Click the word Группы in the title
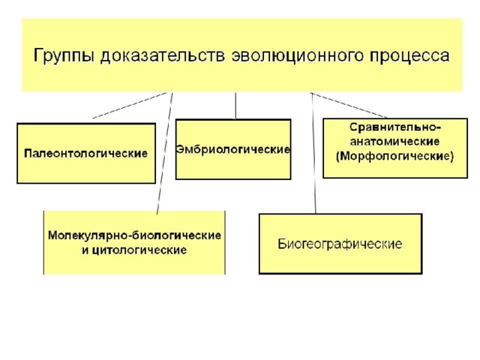point(63,56)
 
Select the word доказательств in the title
point(163,55)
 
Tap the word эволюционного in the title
point(298,55)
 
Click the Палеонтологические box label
point(85,153)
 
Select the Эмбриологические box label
point(233,149)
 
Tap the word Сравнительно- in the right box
point(395,127)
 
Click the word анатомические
point(395,142)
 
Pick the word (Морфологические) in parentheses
point(395,157)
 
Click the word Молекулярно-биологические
point(134,235)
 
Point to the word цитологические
point(139,250)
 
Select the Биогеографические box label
point(340,244)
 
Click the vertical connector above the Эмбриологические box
point(235,106)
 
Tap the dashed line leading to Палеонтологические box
point(129,105)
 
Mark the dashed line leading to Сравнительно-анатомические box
point(349,105)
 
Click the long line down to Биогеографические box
point(313,153)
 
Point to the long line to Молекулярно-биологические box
point(165,153)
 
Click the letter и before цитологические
point(85,250)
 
